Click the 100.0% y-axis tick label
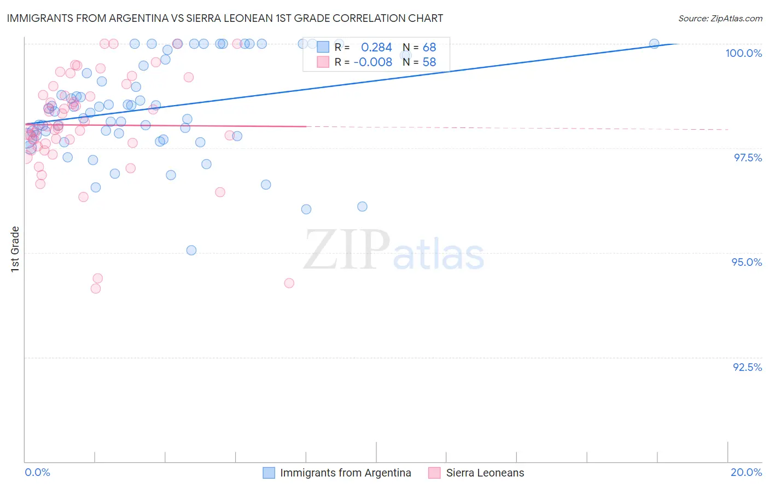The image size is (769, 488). (x=743, y=53)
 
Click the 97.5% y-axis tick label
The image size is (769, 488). (x=748, y=158)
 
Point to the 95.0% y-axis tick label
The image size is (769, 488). (x=747, y=262)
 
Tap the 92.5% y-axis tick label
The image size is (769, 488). (x=747, y=367)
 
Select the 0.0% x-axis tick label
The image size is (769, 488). (x=37, y=472)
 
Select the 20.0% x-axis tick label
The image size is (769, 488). (x=746, y=472)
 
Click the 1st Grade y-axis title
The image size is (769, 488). (x=15, y=249)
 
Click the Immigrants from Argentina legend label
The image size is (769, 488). (x=345, y=473)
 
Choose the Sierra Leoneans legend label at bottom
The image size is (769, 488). (x=485, y=473)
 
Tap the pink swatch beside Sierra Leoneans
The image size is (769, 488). (x=434, y=473)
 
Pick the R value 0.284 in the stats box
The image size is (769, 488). (x=376, y=47)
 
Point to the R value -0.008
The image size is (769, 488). (x=372, y=62)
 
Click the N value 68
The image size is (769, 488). (x=429, y=47)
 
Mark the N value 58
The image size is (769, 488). (x=429, y=62)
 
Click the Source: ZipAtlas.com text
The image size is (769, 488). (x=720, y=18)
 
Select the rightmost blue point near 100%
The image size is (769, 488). (x=654, y=44)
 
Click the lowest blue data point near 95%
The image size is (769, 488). (x=191, y=250)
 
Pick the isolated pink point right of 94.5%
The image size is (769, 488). (x=289, y=283)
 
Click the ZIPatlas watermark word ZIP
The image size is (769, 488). (x=347, y=250)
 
